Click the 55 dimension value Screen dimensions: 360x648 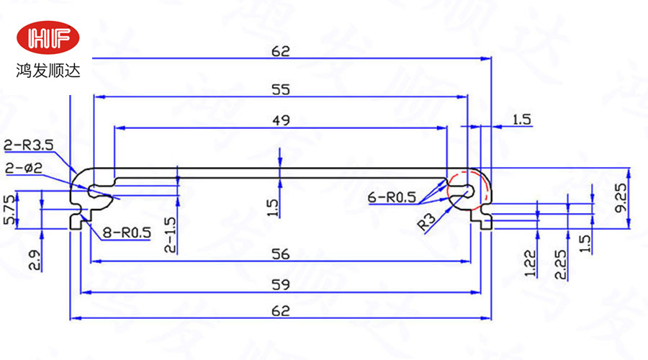point(281,90)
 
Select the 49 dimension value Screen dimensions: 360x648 point(282,120)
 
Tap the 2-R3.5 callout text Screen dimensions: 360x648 point(29,145)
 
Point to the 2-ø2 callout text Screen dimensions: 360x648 point(24,168)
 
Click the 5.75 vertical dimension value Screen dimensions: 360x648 point(9,210)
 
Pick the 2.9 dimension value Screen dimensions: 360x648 point(34,257)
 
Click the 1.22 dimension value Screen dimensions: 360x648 point(531,264)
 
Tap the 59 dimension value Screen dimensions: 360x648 point(282,284)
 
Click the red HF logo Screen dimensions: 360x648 point(49,39)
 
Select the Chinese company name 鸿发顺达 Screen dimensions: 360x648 point(49,71)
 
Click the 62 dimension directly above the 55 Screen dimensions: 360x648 point(281,51)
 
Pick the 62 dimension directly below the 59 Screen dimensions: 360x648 point(282,311)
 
